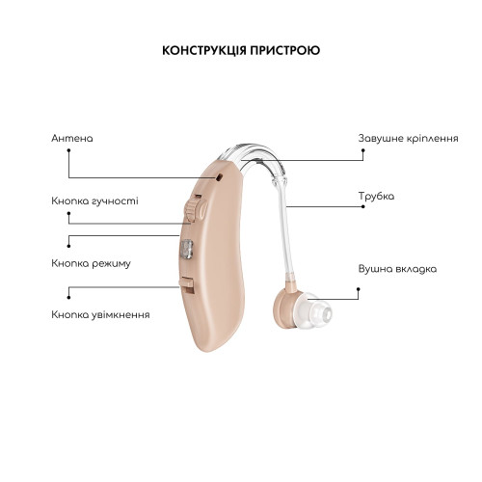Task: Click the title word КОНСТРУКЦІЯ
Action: [204, 50]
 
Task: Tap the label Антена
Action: [72, 139]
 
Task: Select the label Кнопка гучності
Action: [94, 201]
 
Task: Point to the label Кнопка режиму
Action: [91, 264]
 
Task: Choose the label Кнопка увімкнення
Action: [100, 314]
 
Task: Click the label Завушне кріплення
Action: [408, 139]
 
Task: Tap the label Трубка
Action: [376, 196]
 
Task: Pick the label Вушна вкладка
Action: [397, 269]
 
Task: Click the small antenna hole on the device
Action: [219, 177]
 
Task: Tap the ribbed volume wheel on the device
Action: [192, 209]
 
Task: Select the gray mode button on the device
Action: [186, 250]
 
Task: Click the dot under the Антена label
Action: [68, 150]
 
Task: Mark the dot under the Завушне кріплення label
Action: [362, 150]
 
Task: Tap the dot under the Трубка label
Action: [362, 206]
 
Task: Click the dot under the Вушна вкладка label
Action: [359, 289]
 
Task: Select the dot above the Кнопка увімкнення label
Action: [68, 298]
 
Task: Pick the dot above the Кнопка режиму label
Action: [68, 246]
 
